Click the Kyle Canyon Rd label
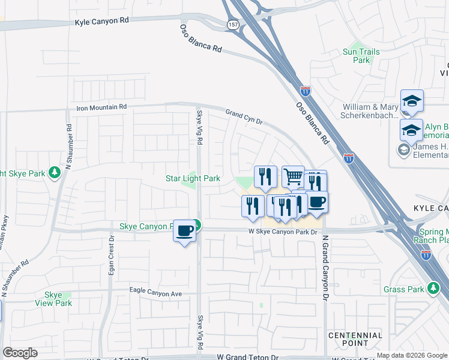[x=102, y=21]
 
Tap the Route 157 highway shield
[x=232, y=23]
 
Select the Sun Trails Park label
[x=361, y=56]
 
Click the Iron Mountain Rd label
[x=102, y=107]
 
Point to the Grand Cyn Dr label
[x=244, y=116]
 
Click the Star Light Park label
[x=193, y=178]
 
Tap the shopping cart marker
[x=292, y=176]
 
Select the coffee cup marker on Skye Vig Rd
[x=184, y=230]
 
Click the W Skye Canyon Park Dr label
[x=283, y=232]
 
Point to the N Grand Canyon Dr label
[x=325, y=267]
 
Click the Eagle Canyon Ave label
[x=155, y=293]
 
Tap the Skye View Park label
[x=58, y=299]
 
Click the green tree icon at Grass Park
[x=433, y=289]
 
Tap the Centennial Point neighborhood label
[x=355, y=338]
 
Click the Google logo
[x=20, y=353]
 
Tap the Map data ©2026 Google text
[x=412, y=356]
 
